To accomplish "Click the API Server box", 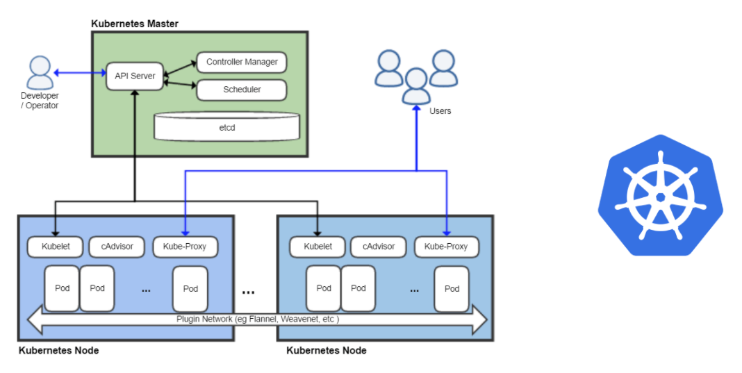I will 135,76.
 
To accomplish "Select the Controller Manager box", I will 242,62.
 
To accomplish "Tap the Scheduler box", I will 242,90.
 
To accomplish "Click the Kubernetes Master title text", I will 135,24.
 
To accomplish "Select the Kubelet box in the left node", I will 55,247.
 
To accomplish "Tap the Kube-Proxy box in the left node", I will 185,247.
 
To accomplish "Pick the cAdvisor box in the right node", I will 378,247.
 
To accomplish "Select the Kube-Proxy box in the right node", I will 446,247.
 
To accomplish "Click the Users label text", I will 440,111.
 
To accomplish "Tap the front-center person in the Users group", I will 416,86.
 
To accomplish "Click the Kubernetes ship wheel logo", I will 660,197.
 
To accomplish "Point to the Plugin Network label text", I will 257,320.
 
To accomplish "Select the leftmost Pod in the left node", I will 62,288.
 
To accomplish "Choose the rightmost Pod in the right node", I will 452,289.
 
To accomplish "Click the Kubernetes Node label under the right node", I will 327,351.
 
